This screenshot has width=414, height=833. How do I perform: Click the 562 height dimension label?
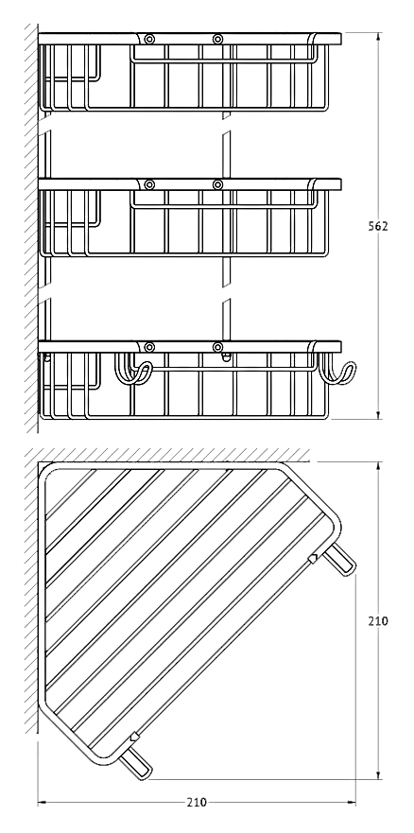[378, 226]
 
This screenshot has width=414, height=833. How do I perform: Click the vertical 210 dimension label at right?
[378, 620]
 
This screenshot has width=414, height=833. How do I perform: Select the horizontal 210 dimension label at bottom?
[197, 802]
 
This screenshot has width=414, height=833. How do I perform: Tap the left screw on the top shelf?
[149, 39]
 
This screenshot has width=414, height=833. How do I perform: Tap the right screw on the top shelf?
[217, 39]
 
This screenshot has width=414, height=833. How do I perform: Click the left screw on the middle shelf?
[149, 185]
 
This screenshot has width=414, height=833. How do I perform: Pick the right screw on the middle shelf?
[217, 185]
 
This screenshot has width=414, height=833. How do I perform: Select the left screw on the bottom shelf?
[149, 347]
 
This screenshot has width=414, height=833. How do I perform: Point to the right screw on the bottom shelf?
[217, 347]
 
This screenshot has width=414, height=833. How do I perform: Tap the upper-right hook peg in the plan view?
[340, 562]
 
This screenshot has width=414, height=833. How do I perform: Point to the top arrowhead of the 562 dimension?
[378, 36]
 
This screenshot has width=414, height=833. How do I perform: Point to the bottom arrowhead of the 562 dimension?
[378, 415]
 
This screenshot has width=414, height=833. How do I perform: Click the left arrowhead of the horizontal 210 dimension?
[42, 802]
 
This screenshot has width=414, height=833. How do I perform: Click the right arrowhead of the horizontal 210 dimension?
[351, 802]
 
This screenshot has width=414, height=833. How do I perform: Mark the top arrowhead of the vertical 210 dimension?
[378, 466]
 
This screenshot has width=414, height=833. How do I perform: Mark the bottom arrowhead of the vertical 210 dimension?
[378, 774]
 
